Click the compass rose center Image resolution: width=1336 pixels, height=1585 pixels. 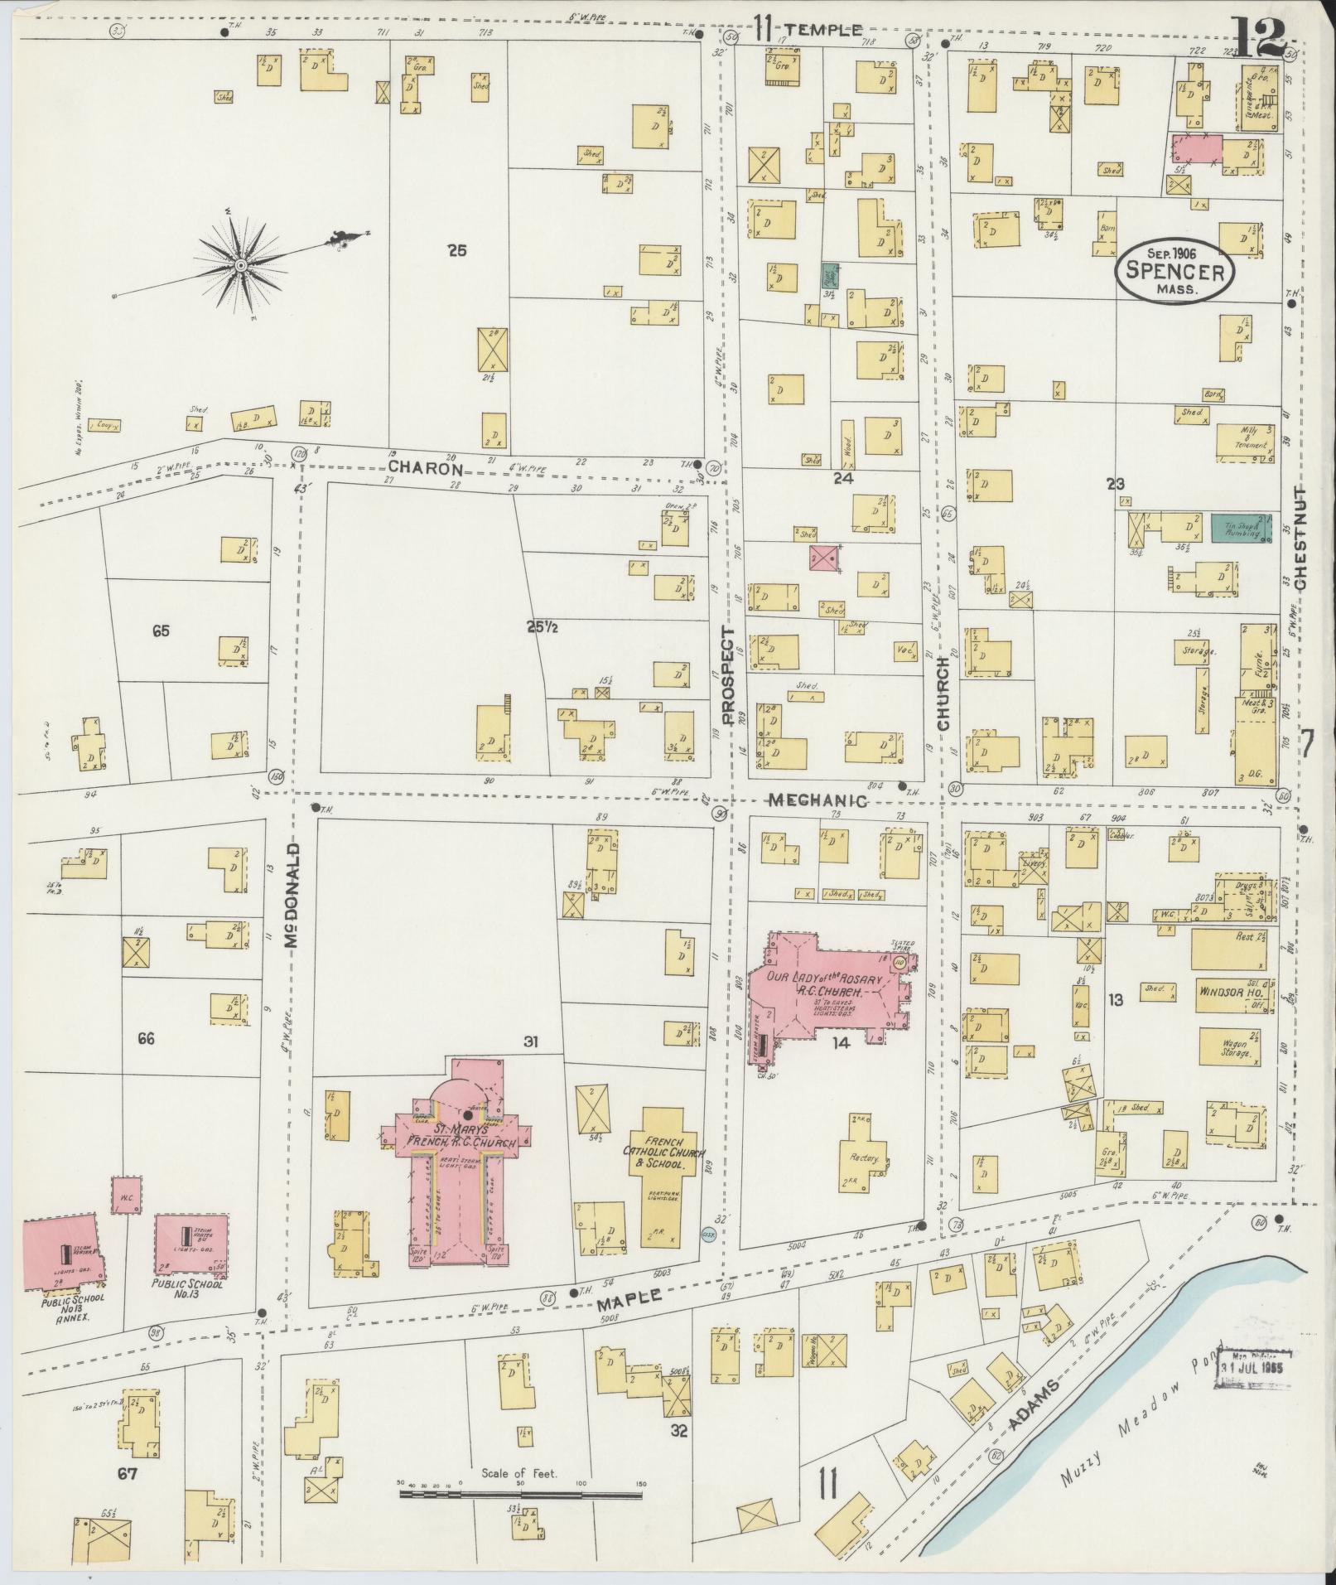pyautogui.click(x=240, y=265)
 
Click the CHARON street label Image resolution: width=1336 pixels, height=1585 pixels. pyautogui.click(x=425, y=467)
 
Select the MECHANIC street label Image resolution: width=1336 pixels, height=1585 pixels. pyautogui.click(x=817, y=801)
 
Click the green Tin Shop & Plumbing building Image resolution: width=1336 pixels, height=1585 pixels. pyautogui.click(x=1242, y=528)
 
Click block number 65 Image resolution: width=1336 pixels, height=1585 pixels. pyautogui.click(x=161, y=631)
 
